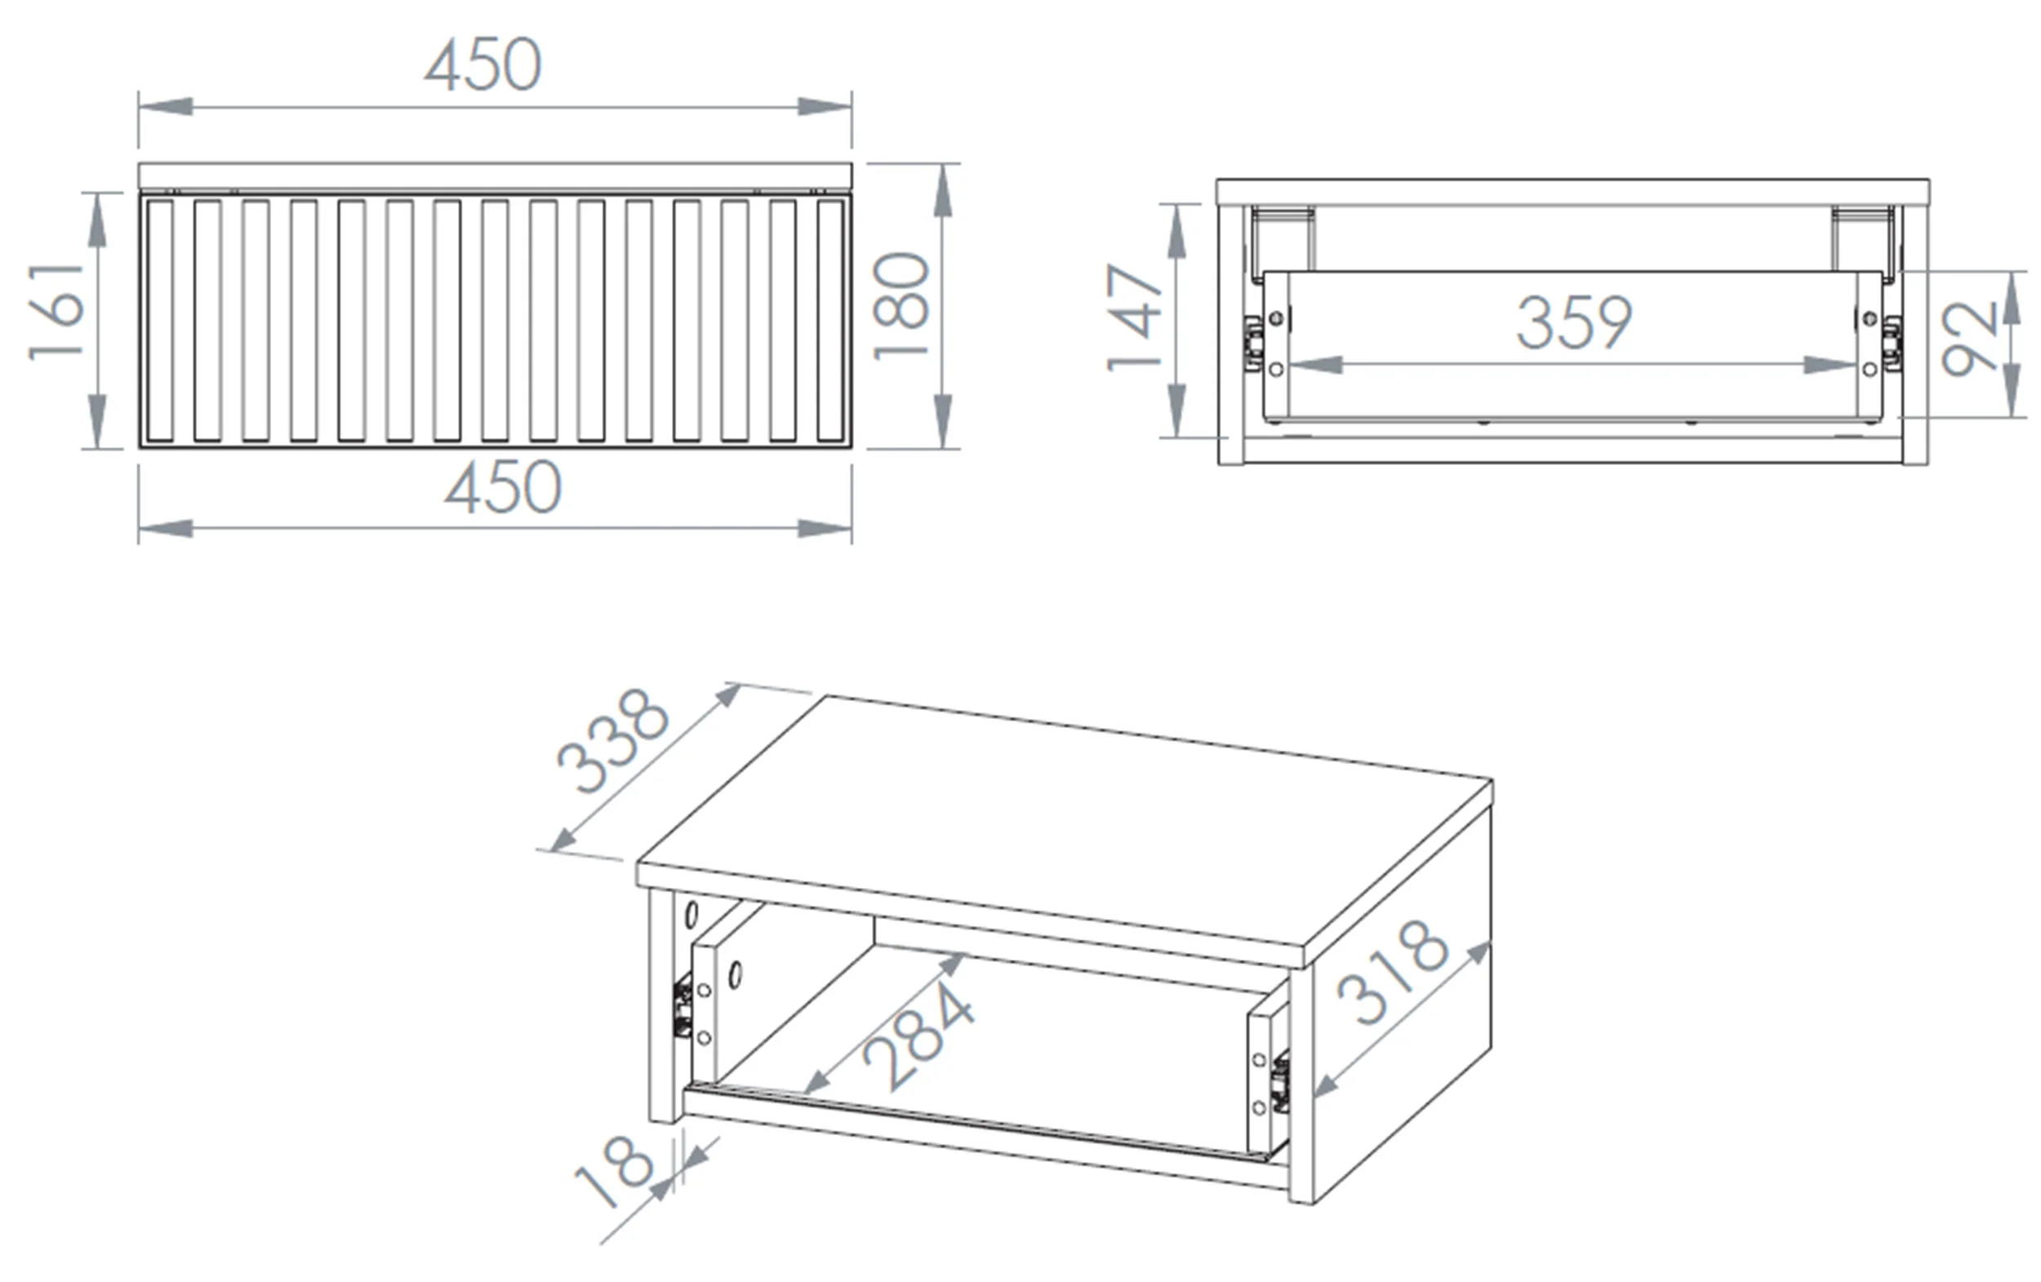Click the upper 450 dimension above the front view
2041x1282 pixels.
[x=483, y=65]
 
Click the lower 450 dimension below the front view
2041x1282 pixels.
[x=504, y=487]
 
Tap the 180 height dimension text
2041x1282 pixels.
[x=901, y=306]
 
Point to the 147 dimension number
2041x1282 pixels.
[x=1134, y=317]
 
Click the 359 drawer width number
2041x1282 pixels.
[x=1574, y=322]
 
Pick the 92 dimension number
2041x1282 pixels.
[x=1970, y=339]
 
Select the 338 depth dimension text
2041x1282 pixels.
[x=612, y=743]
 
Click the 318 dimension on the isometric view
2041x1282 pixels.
[x=1392, y=972]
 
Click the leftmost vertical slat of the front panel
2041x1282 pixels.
[x=159, y=320]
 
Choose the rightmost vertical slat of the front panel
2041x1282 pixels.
[x=830, y=320]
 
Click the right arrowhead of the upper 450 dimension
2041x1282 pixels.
[x=825, y=107]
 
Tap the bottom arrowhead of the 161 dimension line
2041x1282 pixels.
[x=97, y=421]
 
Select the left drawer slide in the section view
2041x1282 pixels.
[x=1252, y=344]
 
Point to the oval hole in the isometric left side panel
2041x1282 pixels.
[x=691, y=916]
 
